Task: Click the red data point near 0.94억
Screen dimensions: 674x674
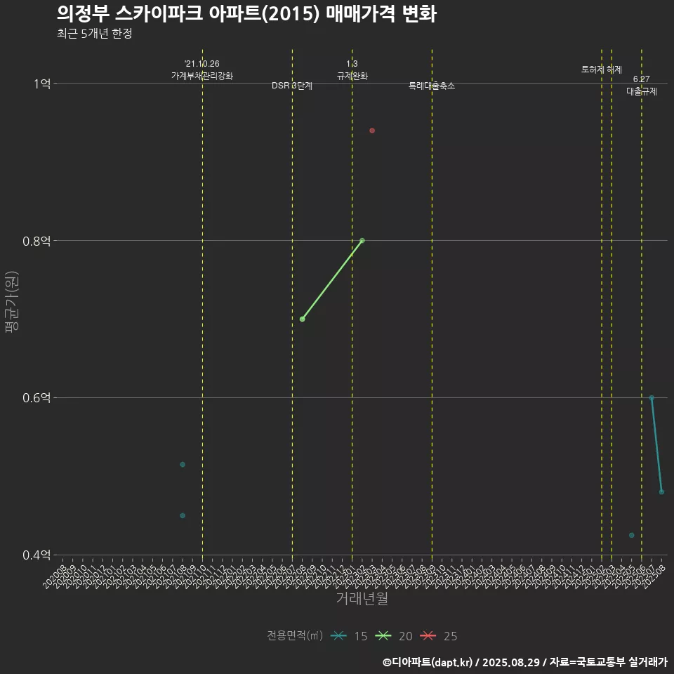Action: [372, 131]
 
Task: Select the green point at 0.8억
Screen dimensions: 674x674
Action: [362, 240]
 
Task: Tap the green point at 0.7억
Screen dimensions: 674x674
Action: [302, 319]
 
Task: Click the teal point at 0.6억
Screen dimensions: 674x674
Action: [652, 397]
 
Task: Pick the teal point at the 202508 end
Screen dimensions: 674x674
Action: [661, 491]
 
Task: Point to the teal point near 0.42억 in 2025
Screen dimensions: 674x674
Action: [631, 535]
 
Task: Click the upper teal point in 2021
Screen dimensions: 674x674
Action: [183, 464]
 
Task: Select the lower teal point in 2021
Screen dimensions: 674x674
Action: [183, 515]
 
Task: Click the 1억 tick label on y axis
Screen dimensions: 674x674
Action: [41, 84]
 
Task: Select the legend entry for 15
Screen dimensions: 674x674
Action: [349, 636]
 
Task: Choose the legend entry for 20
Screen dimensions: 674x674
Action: [394, 636]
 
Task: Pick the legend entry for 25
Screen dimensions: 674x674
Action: [439, 636]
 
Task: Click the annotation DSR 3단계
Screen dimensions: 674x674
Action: [292, 86]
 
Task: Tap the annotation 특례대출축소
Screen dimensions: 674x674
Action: [432, 86]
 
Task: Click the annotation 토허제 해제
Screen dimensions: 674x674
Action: [602, 70]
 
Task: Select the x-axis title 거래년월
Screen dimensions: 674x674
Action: [362, 599]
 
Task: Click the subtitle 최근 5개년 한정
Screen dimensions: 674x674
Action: [94, 34]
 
